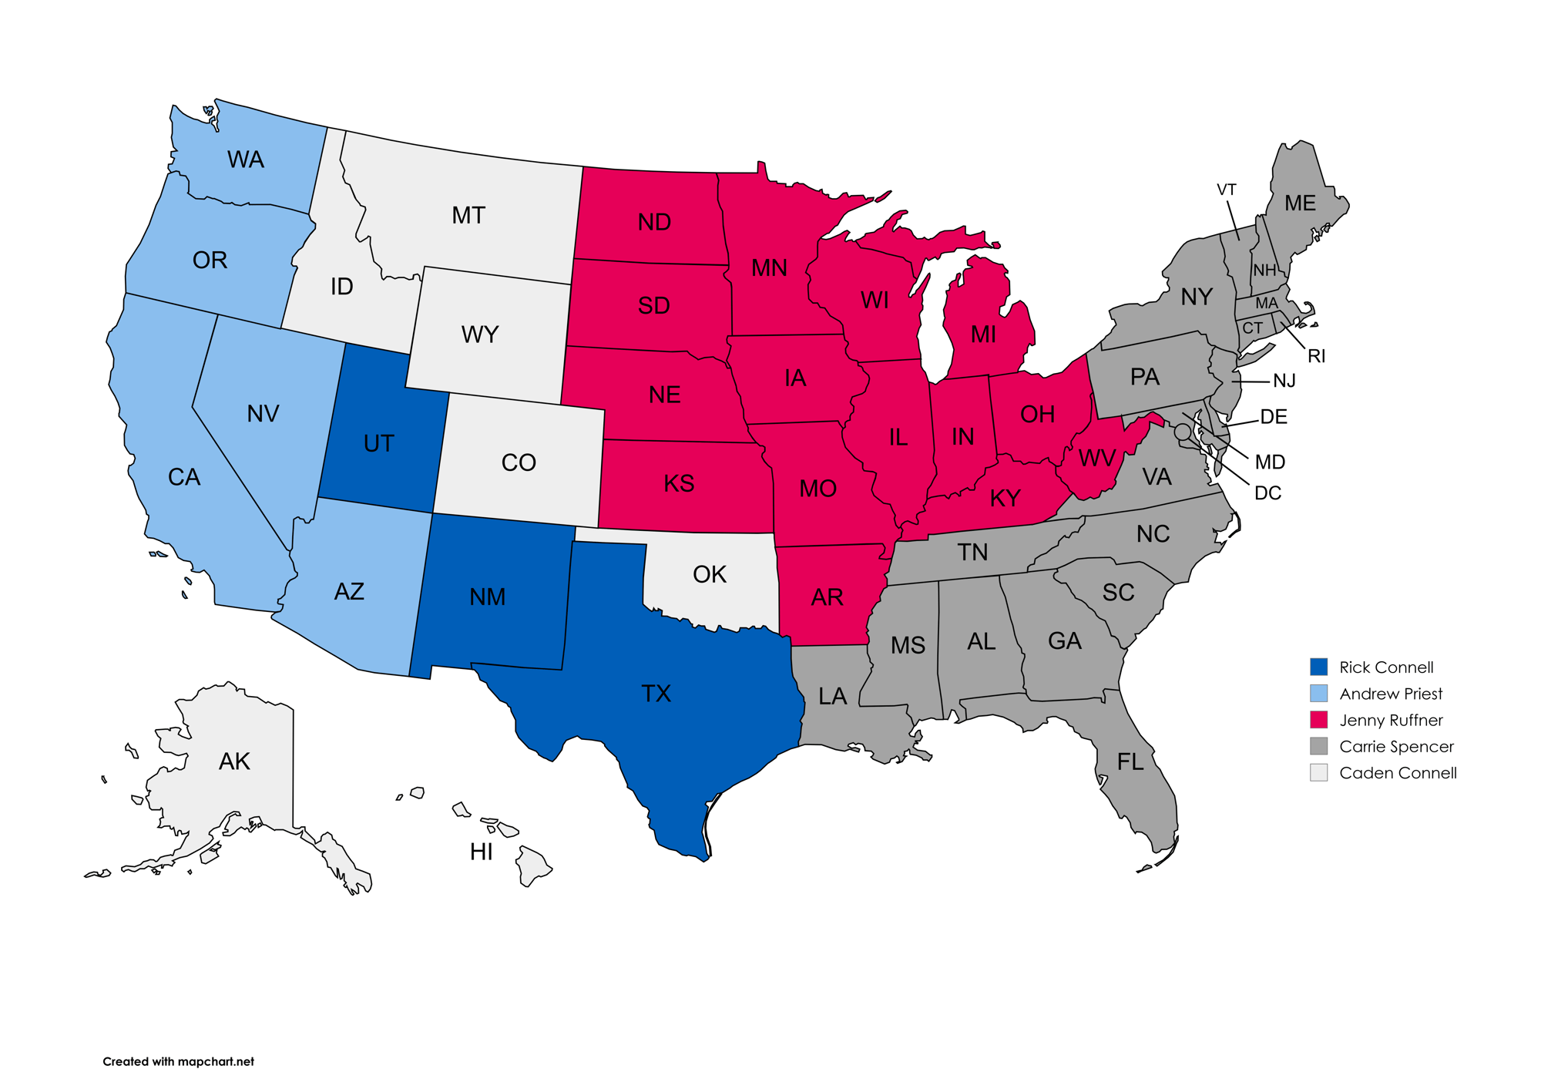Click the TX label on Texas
(656, 694)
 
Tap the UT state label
(378, 444)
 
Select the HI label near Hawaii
(481, 852)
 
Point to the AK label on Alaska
(234, 761)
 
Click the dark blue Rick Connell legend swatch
(1318, 667)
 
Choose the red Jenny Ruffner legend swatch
(1318, 720)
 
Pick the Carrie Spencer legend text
(1396, 746)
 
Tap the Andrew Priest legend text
(1391, 694)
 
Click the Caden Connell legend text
(1398, 773)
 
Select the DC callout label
(1267, 493)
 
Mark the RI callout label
(1316, 356)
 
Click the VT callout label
(1226, 190)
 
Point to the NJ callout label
(1284, 381)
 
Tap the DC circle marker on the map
(1182, 432)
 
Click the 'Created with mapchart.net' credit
(178, 1061)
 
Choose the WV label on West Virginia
(1096, 459)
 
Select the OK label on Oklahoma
(709, 574)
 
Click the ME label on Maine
(1300, 203)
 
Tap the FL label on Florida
(1130, 762)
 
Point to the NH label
(1264, 271)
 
